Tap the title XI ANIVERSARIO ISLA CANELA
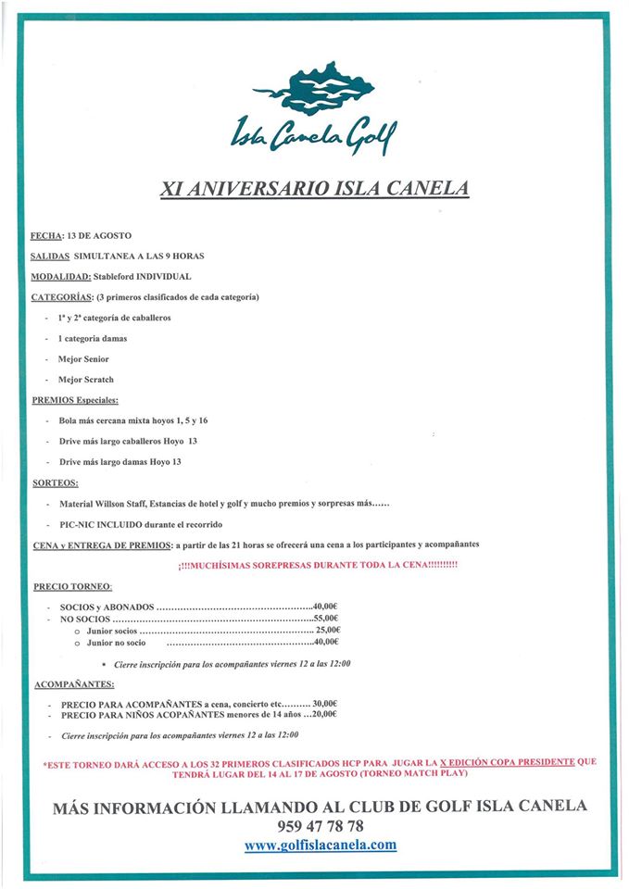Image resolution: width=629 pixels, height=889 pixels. pos(314,189)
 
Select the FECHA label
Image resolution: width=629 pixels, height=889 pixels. pos(46,236)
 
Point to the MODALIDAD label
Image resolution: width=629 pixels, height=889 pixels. pos(61,276)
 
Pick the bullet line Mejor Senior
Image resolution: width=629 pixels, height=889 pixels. pos(84,358)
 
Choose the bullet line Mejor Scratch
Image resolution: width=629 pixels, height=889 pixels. pos(86,380)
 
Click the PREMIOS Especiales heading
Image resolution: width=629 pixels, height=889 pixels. pos(75,400)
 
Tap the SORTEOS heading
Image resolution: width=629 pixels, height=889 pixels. pos(55,482)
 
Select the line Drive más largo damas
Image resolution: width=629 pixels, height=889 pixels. pos(120,461)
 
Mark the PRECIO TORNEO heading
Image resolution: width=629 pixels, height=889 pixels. pos(72,586)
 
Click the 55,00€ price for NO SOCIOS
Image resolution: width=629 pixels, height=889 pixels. pos(326,618)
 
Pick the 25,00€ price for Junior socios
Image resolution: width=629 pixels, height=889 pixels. pos(326,630)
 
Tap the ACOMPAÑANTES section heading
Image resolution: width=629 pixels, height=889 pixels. pos(74,684)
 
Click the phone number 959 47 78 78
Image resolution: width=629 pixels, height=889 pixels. pos(320,825)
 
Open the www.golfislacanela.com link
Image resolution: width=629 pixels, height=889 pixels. pos(321,845)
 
